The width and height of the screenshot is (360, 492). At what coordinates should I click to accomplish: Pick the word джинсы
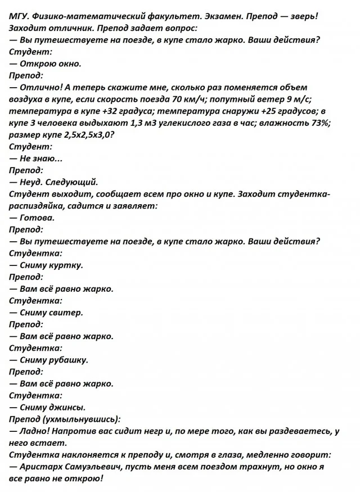coord(66,407)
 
